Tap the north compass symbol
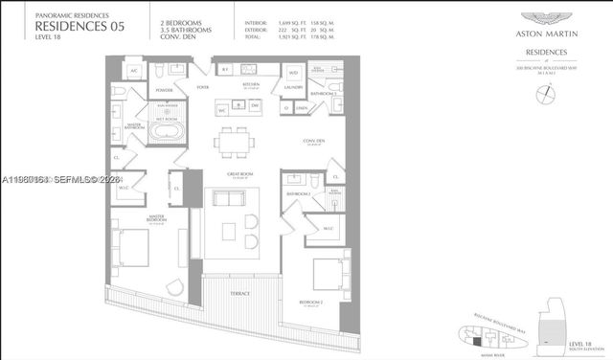545,93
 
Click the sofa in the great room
230,199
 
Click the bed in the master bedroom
132,250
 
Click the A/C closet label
134,70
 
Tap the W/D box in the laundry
293,71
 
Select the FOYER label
203,86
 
